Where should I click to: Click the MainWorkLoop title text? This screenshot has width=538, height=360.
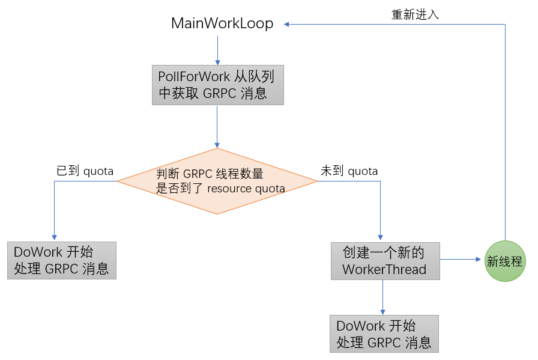(x=222, y=24)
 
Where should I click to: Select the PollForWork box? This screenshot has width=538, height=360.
(x=217, y=85)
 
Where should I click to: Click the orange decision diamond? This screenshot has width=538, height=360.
(x=217, y=181)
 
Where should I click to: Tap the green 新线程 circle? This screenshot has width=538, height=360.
(x=506, y=261)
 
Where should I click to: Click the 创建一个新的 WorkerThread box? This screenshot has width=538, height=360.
(x=385, y=261)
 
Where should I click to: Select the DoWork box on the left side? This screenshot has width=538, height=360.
(x=62, y=260)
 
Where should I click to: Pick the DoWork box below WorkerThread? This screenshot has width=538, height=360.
(x=384, y=334)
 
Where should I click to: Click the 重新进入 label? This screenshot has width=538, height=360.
(x=415, y=15)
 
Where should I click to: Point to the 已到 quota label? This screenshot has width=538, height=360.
(x=85, y=171)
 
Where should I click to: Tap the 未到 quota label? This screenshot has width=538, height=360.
(x=349, y=171)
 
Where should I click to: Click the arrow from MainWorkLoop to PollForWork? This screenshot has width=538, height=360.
(x=217, y=49)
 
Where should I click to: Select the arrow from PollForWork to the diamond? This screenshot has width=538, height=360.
(x=217, y=126)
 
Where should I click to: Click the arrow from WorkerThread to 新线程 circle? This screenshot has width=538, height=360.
(x=462, y=260)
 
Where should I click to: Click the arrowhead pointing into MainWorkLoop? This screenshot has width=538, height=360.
(x=288, y=24)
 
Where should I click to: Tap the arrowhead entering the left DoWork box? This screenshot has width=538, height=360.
(x=54, y=237)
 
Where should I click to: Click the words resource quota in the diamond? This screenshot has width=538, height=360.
(x=246, y=188)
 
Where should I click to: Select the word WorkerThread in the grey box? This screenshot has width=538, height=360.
(x=384, y=269)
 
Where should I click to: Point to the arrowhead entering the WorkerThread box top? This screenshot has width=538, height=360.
(x=381, y=238)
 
